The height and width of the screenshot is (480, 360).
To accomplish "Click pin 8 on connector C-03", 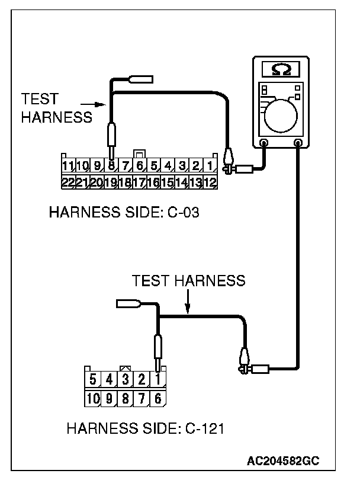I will click(x=111, y=165).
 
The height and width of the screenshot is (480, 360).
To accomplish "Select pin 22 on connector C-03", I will click(x=68, y=181).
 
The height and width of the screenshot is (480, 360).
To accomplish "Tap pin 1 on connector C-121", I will click(x=158, y=379).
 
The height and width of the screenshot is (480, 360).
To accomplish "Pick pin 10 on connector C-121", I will click(x=94, y=398).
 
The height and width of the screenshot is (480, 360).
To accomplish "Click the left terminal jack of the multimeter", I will click(x=265, y=143).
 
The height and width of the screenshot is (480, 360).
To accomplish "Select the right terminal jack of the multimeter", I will click(x=297, y=143).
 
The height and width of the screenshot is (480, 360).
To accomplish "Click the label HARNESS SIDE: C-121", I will click(x=145, y=428).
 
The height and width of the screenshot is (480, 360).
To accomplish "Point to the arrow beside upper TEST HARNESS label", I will click(x=97, y=105).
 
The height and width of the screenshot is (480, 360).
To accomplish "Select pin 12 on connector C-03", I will click(x=210, y=181).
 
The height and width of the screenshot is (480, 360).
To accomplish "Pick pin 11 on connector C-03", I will click(x=68, y=165).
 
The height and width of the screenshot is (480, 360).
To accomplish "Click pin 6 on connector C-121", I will click(x=158, y=398).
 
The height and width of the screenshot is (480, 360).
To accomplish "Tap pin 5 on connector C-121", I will click(x=94, y=379).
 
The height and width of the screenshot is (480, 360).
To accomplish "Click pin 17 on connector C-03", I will click(x=139, y=181).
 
